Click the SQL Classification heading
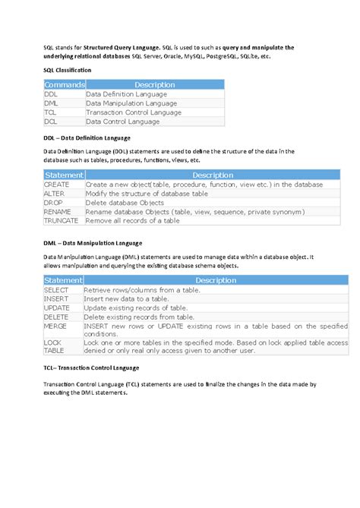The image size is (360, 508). pos(68,70)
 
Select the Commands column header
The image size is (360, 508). pos(64,84)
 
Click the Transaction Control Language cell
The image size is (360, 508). pos(134,112)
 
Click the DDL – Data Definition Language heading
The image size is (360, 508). pos(87,138)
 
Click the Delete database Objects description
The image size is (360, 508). pos(125,203)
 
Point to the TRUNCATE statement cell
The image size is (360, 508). pos(61,221)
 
